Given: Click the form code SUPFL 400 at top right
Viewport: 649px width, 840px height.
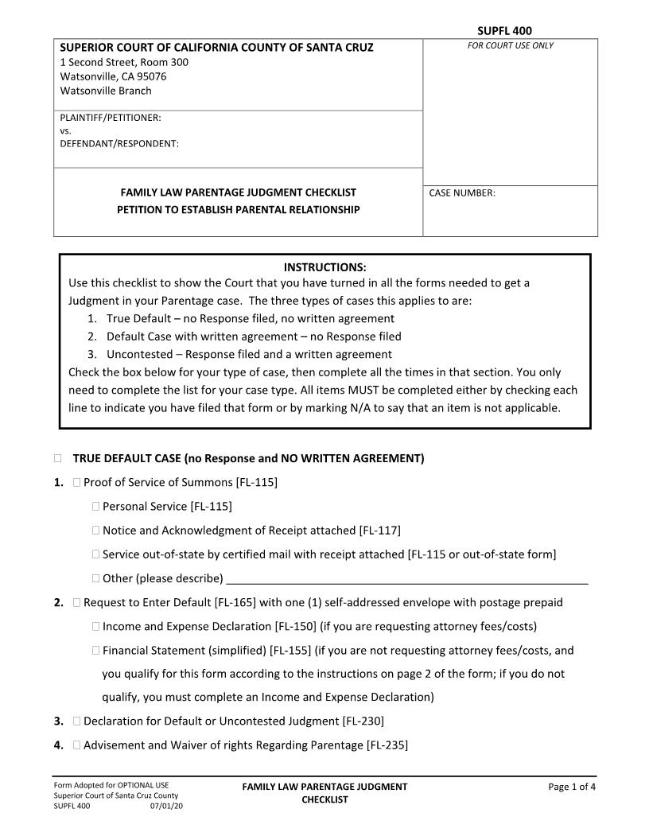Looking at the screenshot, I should point(504,31).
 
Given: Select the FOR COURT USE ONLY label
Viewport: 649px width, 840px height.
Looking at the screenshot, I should point(510,45).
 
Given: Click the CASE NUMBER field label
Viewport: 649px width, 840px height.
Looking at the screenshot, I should point(462,192).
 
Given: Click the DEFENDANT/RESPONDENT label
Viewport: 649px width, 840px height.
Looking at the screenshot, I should point(119,144).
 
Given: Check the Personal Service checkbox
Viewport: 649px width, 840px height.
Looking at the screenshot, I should point(95,507).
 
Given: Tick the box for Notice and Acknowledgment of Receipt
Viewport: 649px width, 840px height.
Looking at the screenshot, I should point(95,531).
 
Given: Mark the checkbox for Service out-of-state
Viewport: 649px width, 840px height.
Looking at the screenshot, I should point(95,554).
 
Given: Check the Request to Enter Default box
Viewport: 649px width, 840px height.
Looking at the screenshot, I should point(76,603).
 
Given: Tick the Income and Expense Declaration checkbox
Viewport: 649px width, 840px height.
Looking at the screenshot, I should point(95,627).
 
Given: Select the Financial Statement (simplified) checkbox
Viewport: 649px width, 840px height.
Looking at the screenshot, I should point(95,651).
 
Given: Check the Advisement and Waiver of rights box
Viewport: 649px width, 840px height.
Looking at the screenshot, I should point(76,745).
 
